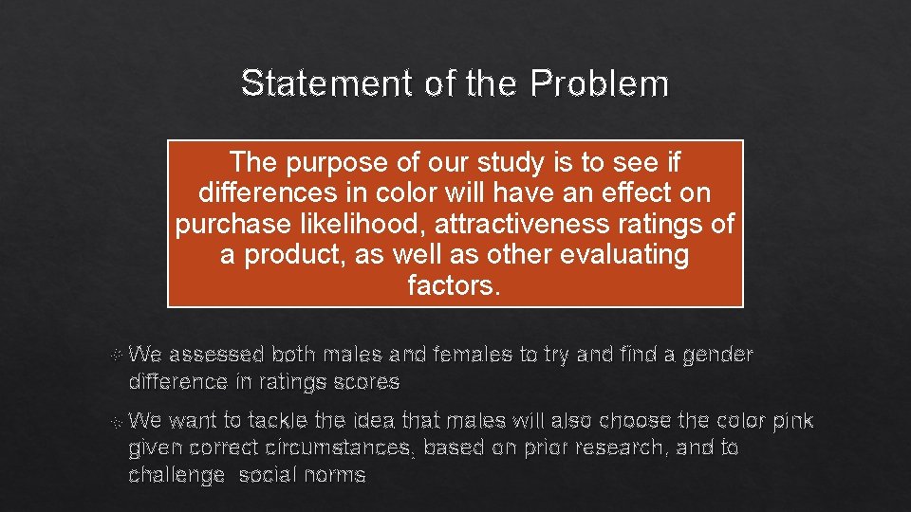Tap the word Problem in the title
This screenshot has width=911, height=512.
pyautogui.click(x=600, y=83)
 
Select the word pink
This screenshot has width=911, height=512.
pyautogui.click(x=793, y=420)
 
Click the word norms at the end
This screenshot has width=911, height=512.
pyautogui.click(x=330, y=474)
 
